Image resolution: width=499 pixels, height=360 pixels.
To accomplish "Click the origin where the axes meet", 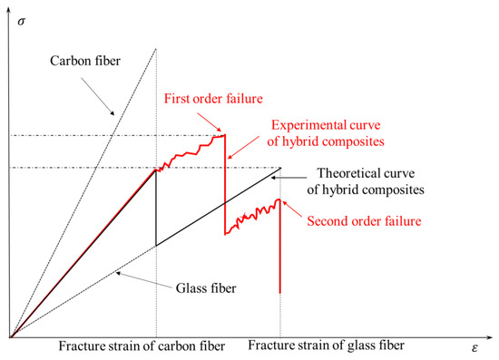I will [10, 337].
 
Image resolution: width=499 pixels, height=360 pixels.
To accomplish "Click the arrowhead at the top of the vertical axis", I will [10, 5].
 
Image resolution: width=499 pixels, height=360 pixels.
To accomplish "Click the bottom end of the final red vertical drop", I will [279, 292].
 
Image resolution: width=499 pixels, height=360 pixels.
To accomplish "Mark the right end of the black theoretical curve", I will [280, 168].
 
